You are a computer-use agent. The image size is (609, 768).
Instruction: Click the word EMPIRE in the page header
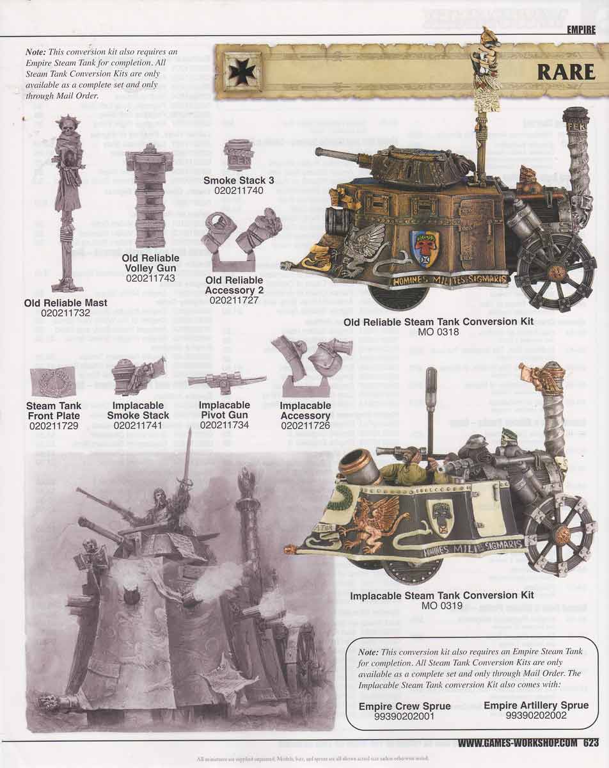(581, 29)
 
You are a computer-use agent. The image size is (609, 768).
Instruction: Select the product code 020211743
(151, 278)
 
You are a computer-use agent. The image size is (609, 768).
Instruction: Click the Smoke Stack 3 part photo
(239, 156)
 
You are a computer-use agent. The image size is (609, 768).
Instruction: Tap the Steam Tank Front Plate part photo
(54, 383)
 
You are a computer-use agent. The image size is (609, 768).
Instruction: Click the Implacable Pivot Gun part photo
(226, 380)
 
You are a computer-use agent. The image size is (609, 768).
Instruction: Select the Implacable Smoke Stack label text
(138, 410)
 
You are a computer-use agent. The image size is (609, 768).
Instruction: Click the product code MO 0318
(438, 332)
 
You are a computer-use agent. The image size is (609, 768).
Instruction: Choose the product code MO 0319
(441, 605)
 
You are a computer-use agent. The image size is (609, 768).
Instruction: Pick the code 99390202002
(535, 716)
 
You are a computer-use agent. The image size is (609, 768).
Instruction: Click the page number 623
(590, 743)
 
